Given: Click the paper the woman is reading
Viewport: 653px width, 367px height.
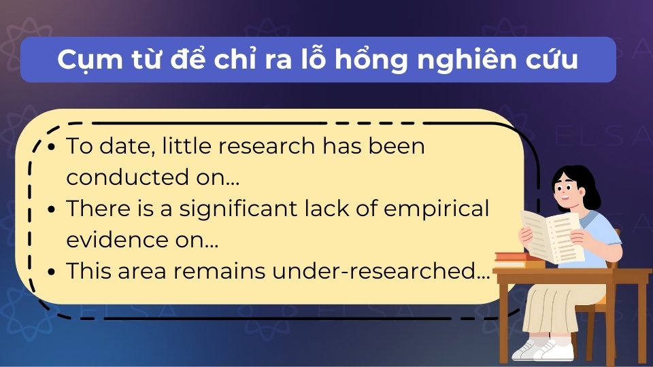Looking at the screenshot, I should [x=551, y=235].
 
